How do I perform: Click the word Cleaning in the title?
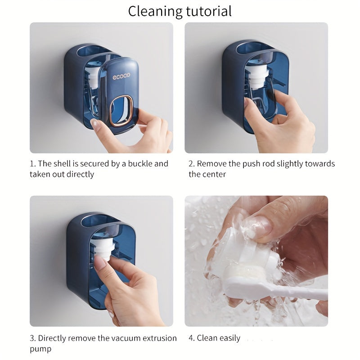[x=153, y=11]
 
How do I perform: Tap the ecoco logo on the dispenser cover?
[x=121, y=76]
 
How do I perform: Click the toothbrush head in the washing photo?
[x=243, y=279]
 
